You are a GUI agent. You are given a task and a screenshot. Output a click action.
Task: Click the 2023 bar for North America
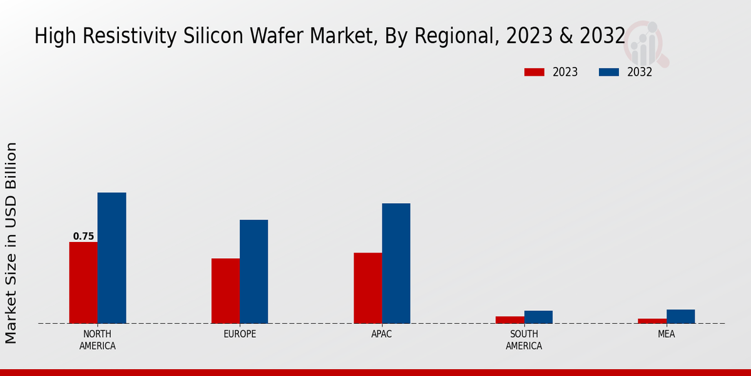coord(83,283)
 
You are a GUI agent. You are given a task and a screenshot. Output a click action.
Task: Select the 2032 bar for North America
coord(111,258)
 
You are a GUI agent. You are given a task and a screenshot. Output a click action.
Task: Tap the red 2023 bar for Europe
coord(225,291)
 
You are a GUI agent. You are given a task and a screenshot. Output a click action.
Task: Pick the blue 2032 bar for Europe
coord(253,271)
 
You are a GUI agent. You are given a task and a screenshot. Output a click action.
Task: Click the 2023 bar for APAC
coord(367,288)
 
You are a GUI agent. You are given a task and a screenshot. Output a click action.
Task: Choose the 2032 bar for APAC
coord(396,263)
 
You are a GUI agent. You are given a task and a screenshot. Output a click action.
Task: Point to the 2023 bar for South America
coord(509,320)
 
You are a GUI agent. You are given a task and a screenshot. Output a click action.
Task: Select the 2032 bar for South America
coord(538,317)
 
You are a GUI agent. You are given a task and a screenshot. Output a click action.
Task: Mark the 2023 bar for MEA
coord(652,321)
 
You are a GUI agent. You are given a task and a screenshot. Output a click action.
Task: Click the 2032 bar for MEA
coord(680,316)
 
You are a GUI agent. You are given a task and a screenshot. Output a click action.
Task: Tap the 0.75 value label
coord(83,236)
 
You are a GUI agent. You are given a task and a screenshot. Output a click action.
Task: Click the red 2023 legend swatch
coord(534,72)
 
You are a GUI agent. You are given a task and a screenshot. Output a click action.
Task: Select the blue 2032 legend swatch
coord(608,72)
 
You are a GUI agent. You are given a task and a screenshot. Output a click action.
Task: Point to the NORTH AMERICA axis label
coord(98,340)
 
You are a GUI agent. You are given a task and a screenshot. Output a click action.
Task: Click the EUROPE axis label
coord(240,334)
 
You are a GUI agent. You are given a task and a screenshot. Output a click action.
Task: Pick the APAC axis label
coord(382,334)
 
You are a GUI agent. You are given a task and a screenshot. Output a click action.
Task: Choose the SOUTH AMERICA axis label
coord(524,340)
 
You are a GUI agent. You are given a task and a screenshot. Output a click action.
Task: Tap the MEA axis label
coord(666,334)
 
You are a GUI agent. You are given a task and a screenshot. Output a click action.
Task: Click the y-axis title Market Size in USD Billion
coord(11,243)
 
